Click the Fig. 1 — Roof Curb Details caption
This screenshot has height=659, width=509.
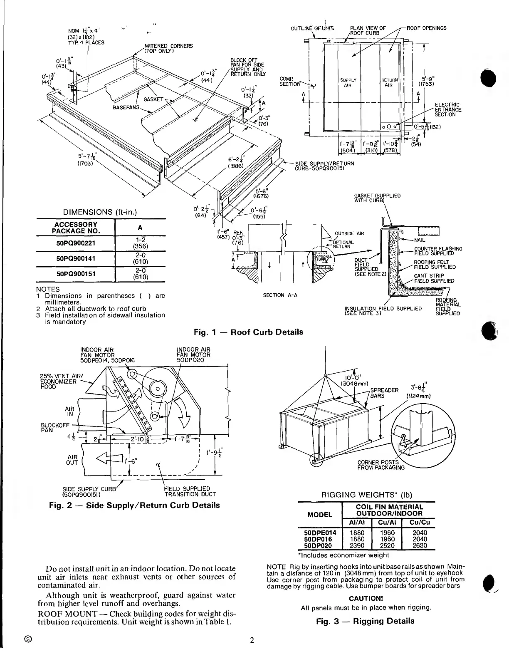pos(248,332)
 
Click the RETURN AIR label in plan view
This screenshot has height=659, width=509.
pos(389,82)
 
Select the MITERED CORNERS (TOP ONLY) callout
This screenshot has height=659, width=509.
pos(168,48)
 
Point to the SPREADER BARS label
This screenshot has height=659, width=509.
pos(384,393)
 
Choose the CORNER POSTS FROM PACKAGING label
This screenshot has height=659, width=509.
pos(381,465)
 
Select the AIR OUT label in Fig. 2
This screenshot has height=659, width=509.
pos(72,459)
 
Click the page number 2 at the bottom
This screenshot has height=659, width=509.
pos(252,640)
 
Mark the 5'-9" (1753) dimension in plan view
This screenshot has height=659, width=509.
pos(428,81)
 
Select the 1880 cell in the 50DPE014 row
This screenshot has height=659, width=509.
pos(357,533)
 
